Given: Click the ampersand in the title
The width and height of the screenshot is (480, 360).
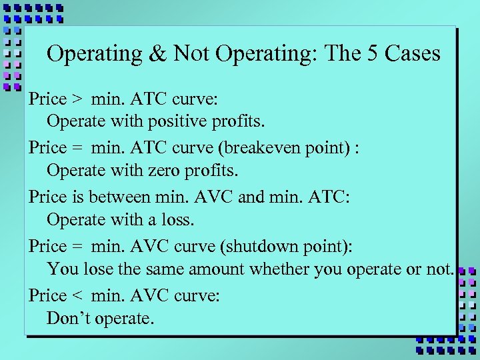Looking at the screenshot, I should click(x=158, y=53).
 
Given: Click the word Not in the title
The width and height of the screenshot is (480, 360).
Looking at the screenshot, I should click(x=191, y=53).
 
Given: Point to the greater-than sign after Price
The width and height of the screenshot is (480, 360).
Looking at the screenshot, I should click(x=78, y=99).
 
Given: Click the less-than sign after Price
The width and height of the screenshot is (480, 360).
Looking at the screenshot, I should click(x=78, y=295).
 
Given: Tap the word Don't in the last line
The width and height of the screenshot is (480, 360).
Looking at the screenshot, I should click(x=69, y=319).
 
